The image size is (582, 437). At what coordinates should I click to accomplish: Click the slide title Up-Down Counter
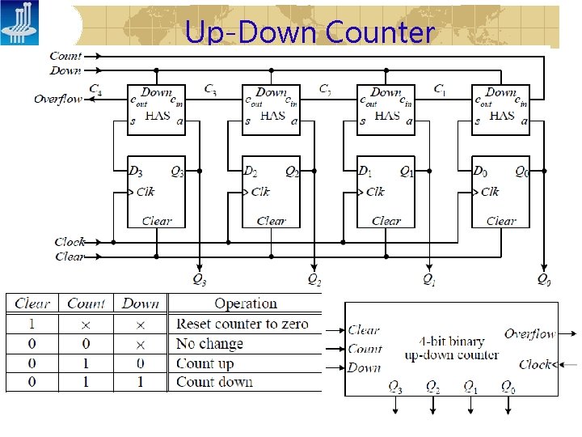coord(310,32)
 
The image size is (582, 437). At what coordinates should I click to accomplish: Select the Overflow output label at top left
coord(57,100)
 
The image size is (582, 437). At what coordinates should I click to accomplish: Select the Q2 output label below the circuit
coord(314,280)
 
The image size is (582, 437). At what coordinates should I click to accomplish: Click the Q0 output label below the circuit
coord(545,280)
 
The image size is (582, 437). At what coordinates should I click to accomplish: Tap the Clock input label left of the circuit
coord(70,242)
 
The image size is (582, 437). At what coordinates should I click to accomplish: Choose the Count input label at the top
coord(65,57)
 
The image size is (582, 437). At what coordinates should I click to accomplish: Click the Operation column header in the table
coord(246,304)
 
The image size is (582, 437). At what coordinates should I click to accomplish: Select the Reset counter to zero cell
coord(242,324)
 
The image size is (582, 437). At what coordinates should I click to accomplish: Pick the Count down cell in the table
coord(214,382)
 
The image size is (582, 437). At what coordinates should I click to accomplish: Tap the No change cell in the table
coord(209,343)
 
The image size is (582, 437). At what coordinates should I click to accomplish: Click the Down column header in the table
coord(141,304)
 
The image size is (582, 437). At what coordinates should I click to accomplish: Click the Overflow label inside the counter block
coord(529,333)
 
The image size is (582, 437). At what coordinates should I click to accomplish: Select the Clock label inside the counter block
coord(535,364)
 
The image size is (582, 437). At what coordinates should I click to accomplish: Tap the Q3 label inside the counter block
coord(395,387)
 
